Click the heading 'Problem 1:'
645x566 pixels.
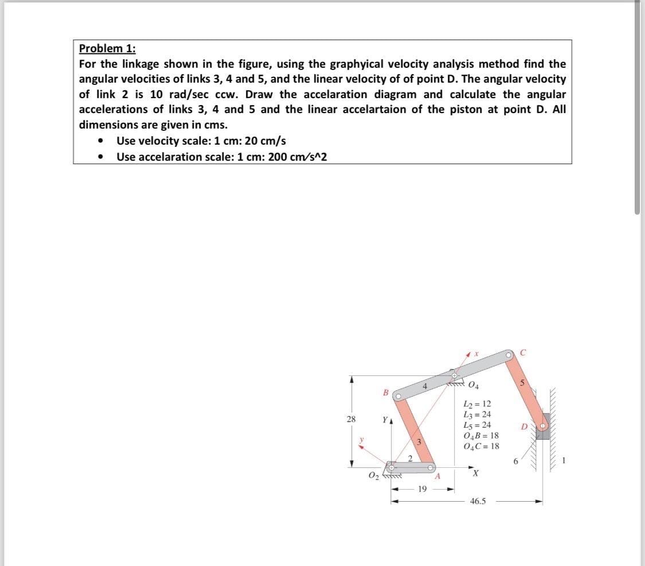107,48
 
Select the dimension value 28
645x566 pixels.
351,419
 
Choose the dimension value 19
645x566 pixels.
422,489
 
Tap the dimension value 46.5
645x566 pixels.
477,501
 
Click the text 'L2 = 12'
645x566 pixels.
476,404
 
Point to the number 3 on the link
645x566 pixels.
419,442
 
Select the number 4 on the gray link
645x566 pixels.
424,386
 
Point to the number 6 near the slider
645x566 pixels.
516,461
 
